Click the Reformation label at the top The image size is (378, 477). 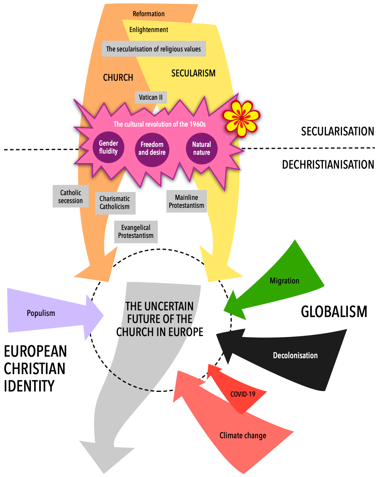pyautogui.click(x=149, y=14)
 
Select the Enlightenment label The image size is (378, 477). pyautogui.click(x=149, y=30)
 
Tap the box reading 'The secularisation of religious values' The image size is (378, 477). pyautogui.click(x=154, y=49)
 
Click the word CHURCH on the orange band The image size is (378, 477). pyautogui.click(x=118, y=78)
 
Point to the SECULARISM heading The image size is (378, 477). pyautogui.click(x=193, y=73)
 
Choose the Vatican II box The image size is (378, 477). pyautogui.click(x=151, y=97)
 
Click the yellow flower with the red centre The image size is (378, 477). pyautogui.click(x=241, y=118)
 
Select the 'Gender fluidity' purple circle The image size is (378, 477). pyautogui.click(x=108, y=147)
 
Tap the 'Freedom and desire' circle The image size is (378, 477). pyautogui.click(x=152, y=149)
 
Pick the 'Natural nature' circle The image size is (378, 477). pyautogui.click(x=202, y=148)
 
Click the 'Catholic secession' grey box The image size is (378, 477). pyautogui.click(x=71, y=196)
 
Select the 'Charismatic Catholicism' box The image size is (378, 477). pyautogui.click(x=115, y=203)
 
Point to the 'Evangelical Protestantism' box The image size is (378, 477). pyautogui.click(x=136, y=232)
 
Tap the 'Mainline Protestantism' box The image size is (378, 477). pyautogui.click(x=186, y=201)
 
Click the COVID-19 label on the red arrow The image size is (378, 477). pyautogui.click(x=242, y=394)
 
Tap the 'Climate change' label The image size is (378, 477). pyautogui.click(x=243, y=436)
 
